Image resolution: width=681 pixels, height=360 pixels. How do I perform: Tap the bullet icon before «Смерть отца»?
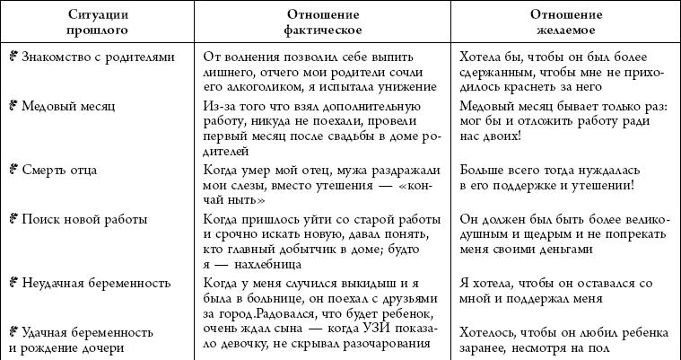click(x=13, y=168)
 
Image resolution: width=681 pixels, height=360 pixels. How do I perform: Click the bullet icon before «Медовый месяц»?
click(x=13, y=105)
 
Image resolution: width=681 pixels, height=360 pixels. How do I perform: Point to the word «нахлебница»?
click(x=274, y=263)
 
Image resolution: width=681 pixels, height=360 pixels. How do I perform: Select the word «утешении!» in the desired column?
click(x=603, y=185)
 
